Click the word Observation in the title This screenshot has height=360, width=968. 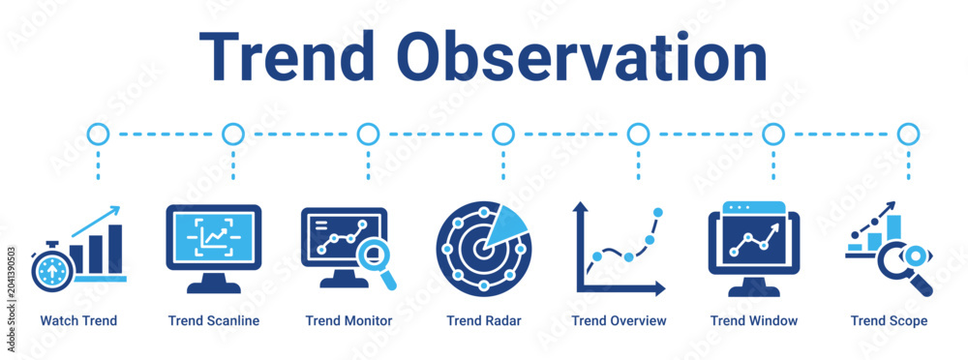pos(586,55)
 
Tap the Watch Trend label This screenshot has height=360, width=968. pos(78,321)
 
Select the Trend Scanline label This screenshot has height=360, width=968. pos(214,321)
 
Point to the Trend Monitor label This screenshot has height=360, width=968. pos(348,321)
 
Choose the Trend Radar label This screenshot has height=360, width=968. pos(484,321)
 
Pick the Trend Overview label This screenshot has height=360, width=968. pos(620,321)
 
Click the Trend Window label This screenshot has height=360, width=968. pos(754,321)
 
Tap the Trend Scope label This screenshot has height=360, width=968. pos(889,321)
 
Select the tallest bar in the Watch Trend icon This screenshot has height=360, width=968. pos(115,249)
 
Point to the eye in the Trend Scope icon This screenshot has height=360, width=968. pos(915,255)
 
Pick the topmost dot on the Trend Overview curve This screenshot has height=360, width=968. pos(658,212)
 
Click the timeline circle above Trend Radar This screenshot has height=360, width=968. pos(503,134)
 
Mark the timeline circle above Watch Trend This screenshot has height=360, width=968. pos(98,134)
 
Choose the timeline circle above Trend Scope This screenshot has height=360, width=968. pos(908,134)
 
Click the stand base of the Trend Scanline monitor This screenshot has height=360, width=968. pos(214,287)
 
